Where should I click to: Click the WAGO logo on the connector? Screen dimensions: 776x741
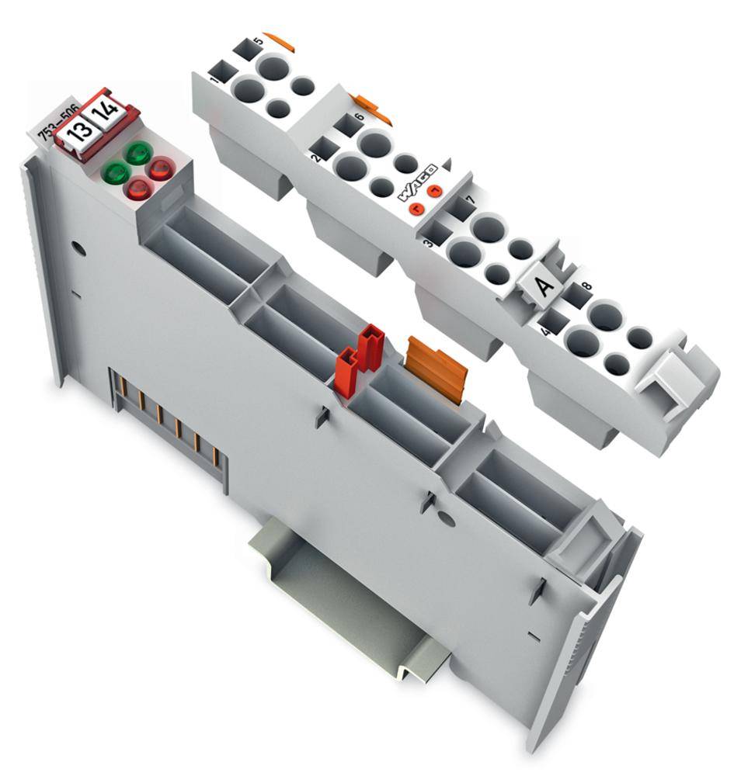419,180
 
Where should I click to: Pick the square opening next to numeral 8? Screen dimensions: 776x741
575,297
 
